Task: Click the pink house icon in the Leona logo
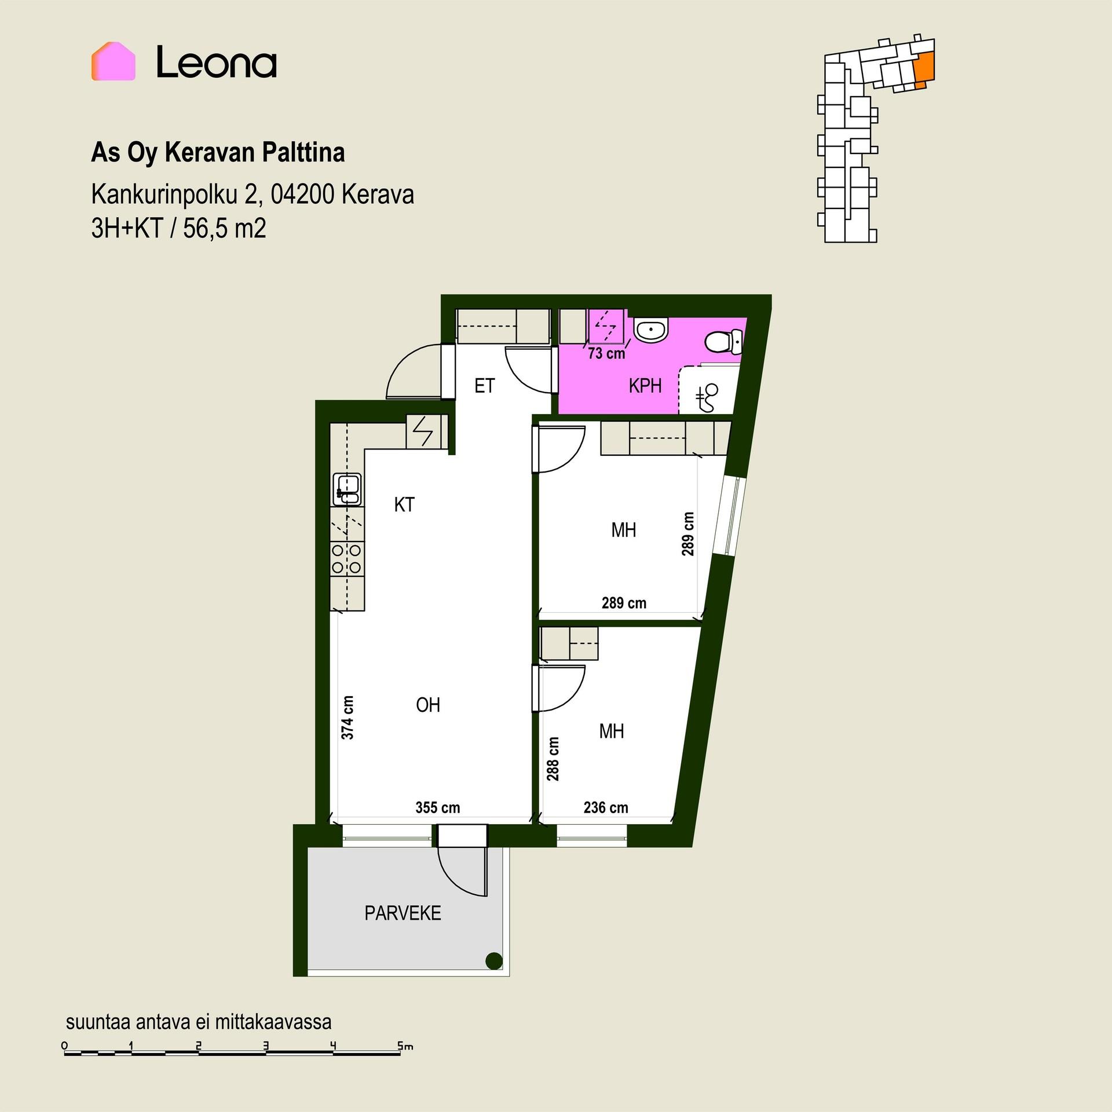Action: click(114, 61)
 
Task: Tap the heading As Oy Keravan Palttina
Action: click(218, 153)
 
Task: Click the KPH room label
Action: click(645, 386)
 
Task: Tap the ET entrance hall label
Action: click(485, 386)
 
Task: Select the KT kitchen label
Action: click(404, 504)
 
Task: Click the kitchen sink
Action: click(347, 489)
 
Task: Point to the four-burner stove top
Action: click(347, 559)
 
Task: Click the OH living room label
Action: click(428, 705)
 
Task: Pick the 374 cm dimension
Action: click(348, 717)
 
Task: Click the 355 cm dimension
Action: click(438, 807)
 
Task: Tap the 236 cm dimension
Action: click(606, 807)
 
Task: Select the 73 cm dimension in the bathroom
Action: click(606, 353)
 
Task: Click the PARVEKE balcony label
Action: click(403, 913)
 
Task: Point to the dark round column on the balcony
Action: click(493, 961)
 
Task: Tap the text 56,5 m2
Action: click(225, 229)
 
